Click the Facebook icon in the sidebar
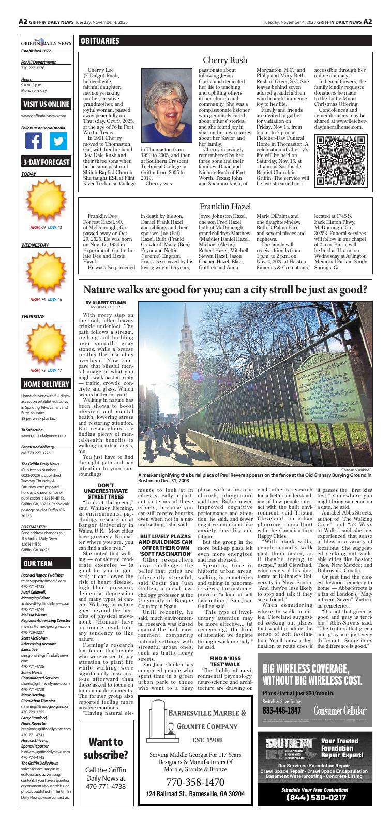point(34,141)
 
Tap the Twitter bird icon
point(58,141)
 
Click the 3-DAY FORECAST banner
point(46,162)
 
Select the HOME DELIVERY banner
point(46,384)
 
